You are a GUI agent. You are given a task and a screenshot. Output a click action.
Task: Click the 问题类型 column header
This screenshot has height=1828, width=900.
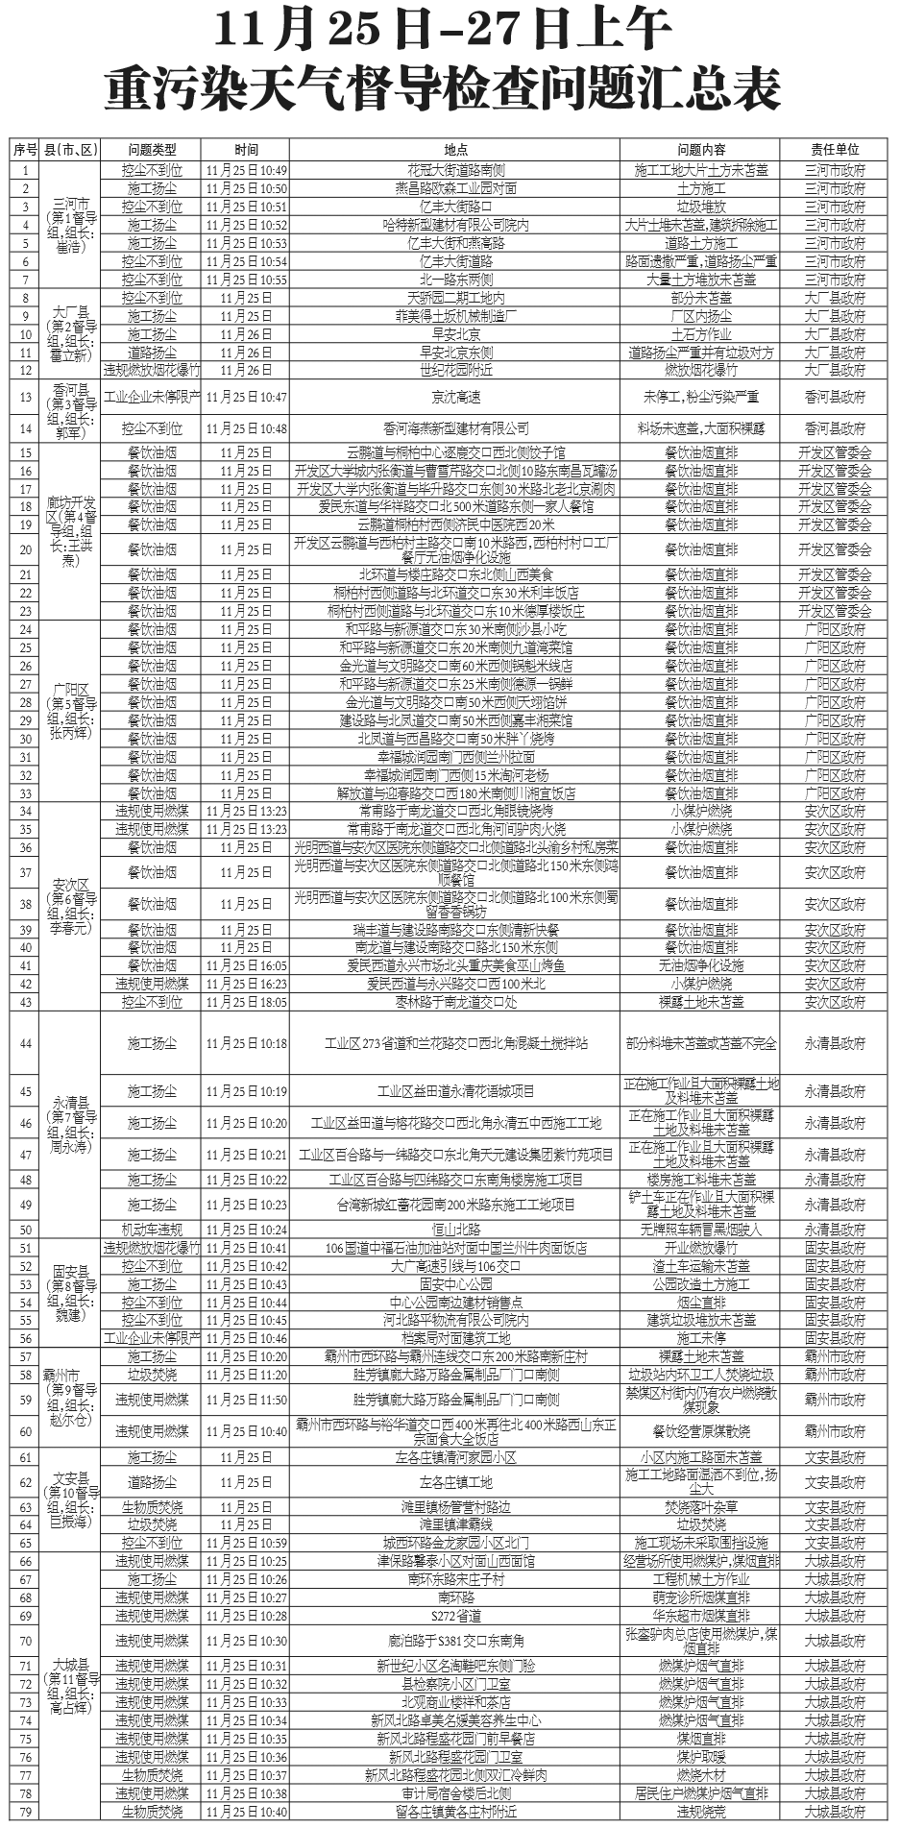pos(152,150)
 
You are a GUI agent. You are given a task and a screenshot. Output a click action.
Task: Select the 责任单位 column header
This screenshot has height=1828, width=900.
pos(834,150)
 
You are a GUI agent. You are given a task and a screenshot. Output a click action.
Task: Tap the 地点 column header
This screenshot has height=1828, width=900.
pos(455,150)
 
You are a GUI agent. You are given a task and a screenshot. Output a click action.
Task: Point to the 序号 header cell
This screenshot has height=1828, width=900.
pos(25,150)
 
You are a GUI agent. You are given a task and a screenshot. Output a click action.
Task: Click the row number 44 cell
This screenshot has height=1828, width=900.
pos(25,1043)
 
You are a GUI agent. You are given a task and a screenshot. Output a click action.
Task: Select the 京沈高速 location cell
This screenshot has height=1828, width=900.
pos(455,397)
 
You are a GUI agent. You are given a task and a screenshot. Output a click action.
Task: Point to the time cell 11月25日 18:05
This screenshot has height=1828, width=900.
pos(246,1002)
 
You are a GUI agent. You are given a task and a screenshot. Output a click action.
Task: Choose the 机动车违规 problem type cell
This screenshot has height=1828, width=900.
pos(152,1230)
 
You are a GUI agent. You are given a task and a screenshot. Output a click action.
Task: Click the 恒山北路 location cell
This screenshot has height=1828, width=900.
pos(455,1230)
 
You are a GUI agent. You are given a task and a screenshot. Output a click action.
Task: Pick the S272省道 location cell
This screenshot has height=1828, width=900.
pos(455,1616)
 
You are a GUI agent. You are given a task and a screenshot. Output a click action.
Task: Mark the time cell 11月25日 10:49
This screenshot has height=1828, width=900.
pos(246,170)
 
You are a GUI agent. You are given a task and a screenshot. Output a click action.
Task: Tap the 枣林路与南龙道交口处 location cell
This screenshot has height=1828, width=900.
pos(455,1002)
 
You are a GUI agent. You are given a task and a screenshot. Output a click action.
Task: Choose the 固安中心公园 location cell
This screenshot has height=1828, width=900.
pos(455,1284)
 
